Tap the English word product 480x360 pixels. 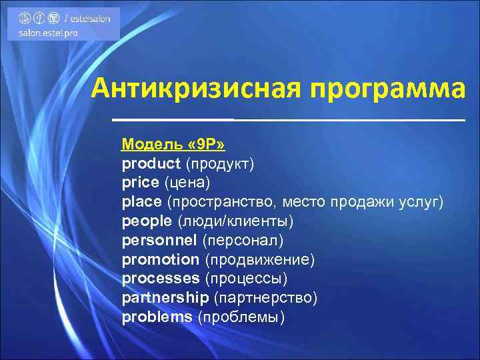(x=151, y=163)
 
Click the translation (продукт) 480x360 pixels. (x=220, y=163)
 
